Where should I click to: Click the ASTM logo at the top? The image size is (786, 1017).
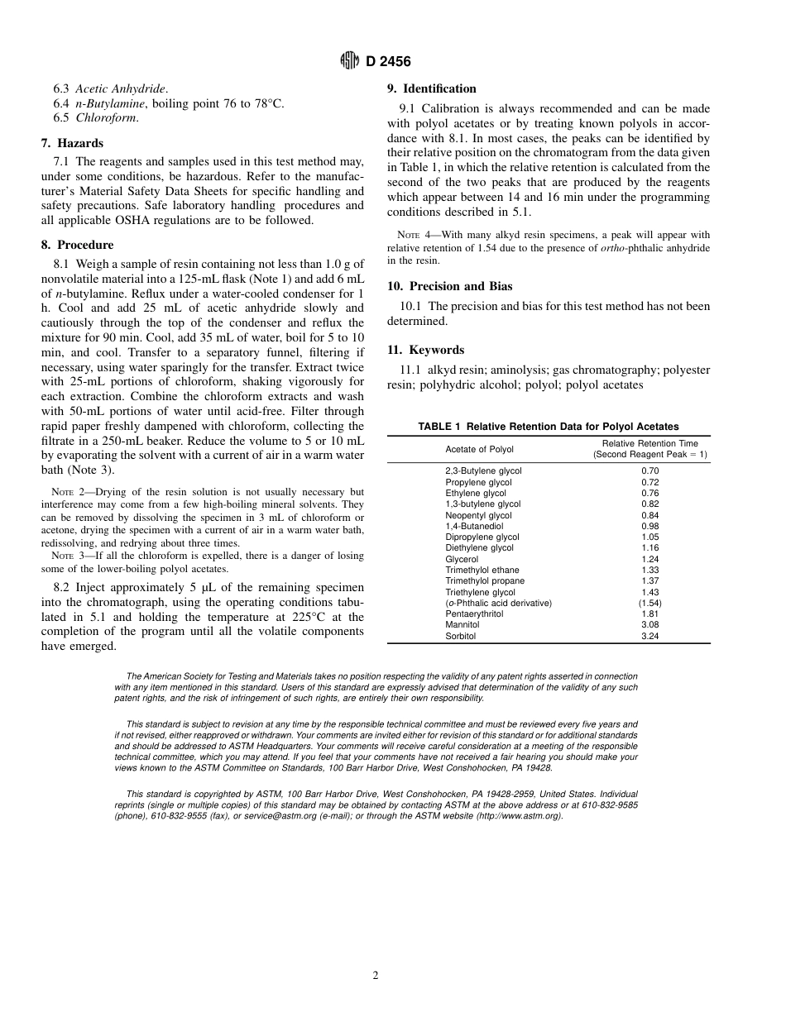point(349,61)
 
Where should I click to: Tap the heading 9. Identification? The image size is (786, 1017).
point(432,88)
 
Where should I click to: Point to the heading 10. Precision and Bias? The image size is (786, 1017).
point(449,286)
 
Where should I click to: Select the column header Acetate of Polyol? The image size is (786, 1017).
point(479,450)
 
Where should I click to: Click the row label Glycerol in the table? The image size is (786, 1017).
point(462,559)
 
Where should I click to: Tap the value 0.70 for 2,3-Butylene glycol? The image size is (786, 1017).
point(649,471)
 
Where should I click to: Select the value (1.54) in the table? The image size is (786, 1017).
point(649,603)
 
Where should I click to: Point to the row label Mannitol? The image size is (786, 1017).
point(462,625)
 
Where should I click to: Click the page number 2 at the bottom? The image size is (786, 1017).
point(375,976)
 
